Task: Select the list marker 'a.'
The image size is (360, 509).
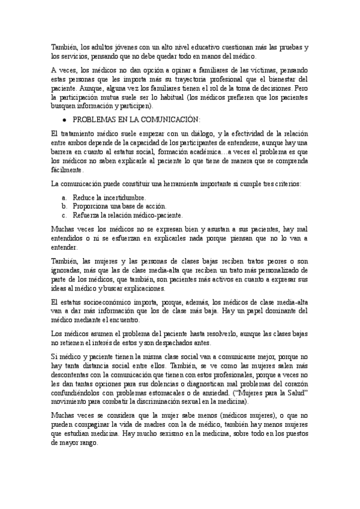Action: [x=65, y=197]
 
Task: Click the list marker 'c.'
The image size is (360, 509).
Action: [x=65, y=214]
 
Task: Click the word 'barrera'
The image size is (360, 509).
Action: [x=65, y=153]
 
